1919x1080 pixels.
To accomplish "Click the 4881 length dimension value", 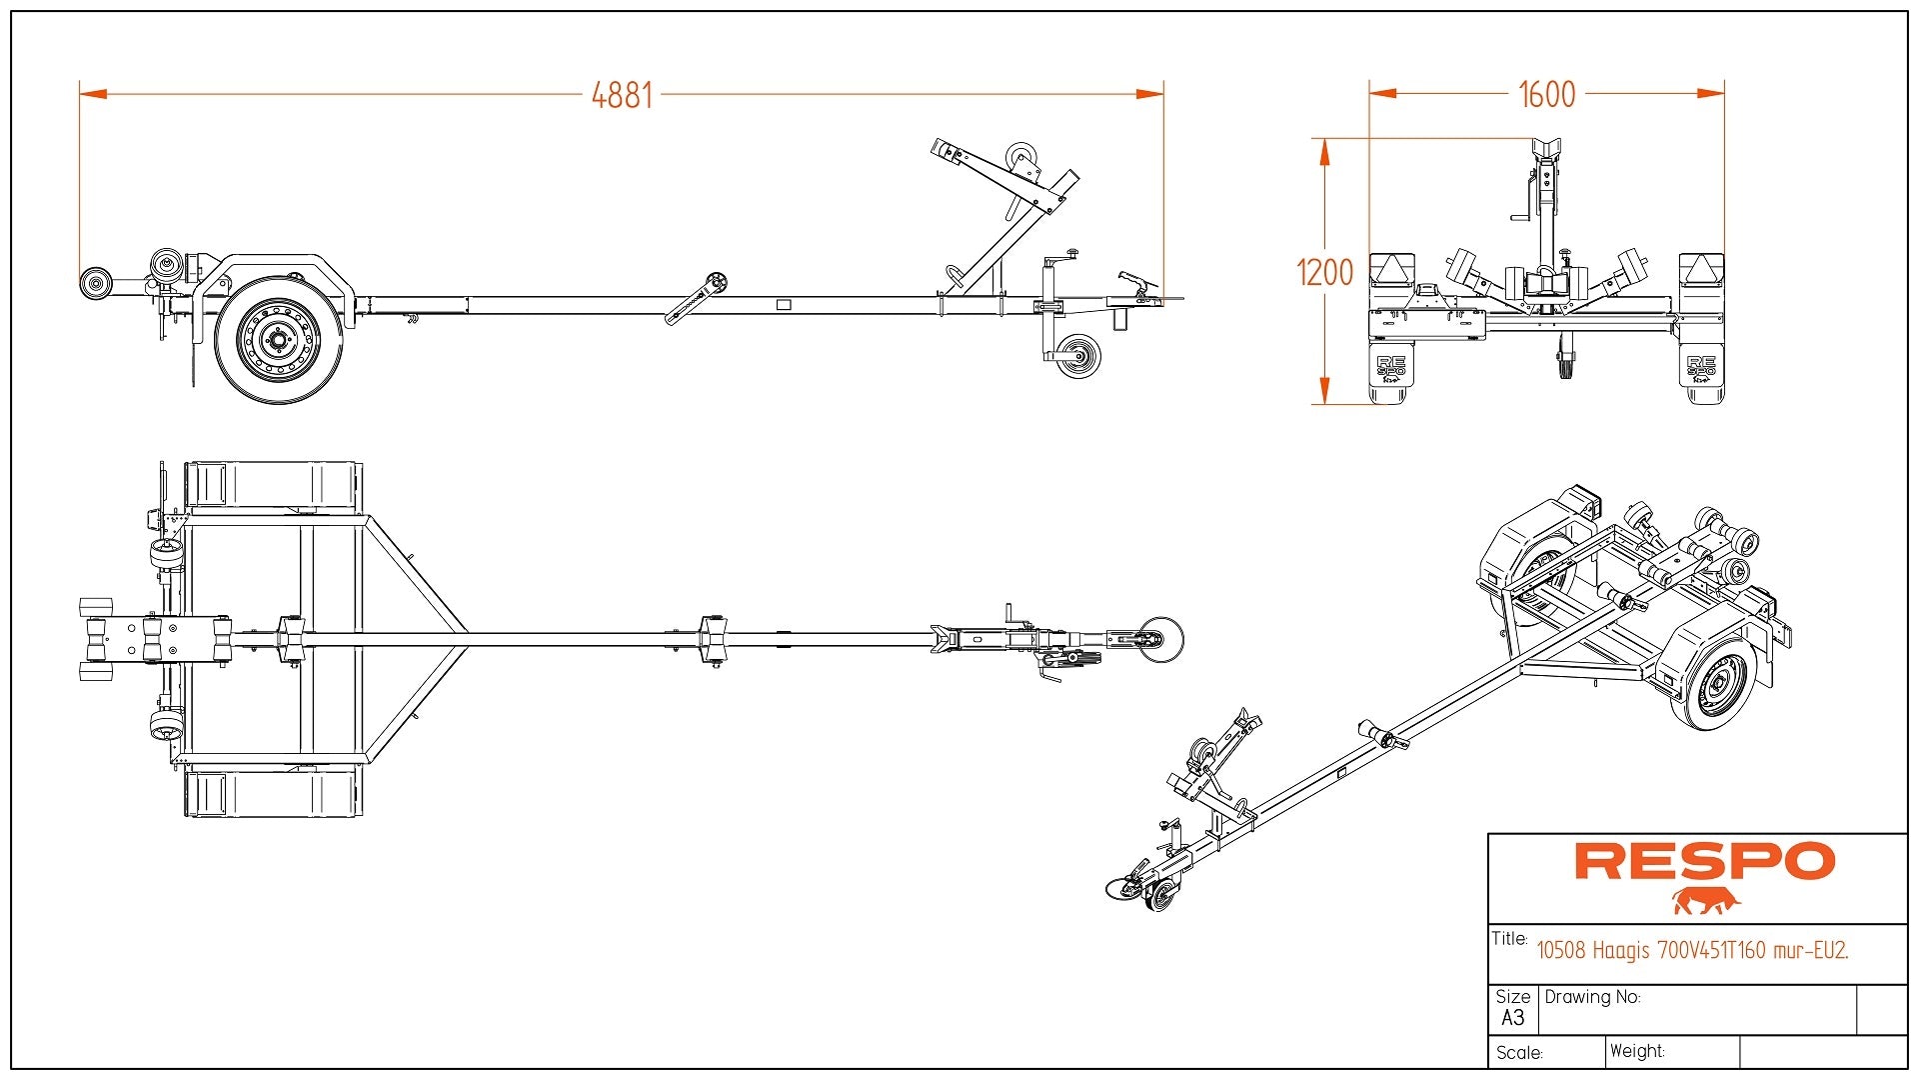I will (x=622, y=95).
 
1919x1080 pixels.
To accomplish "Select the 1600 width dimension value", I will (x=1546, y=94).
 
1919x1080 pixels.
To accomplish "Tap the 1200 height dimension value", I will (x=1324, y=272).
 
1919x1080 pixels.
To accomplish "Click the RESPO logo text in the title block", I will (x=1704, y=861).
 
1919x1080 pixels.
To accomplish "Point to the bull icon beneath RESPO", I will (x=1706, y=901).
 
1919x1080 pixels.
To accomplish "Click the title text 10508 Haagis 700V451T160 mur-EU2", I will (x=1692, y=950).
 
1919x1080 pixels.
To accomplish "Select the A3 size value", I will (x=1512, y=1018).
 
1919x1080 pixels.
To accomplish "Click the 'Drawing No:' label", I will (x=1592, y=997).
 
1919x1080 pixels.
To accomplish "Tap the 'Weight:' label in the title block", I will (x=1637, y=1051).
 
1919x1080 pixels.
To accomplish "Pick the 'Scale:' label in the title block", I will (x=1519, y=1053).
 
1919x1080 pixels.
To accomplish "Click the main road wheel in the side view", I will (x=277, y=341).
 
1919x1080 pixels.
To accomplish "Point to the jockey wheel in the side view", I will (x=1078, y=356).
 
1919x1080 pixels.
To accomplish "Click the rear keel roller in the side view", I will (x=96, y=283).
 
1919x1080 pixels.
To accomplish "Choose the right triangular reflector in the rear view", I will (x=1700, y=269).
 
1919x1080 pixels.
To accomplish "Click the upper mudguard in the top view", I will (x=272, y=485).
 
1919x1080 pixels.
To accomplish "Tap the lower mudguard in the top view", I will (x=272, y=794).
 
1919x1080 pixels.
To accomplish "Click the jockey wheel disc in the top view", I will (x=1161, y=639).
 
